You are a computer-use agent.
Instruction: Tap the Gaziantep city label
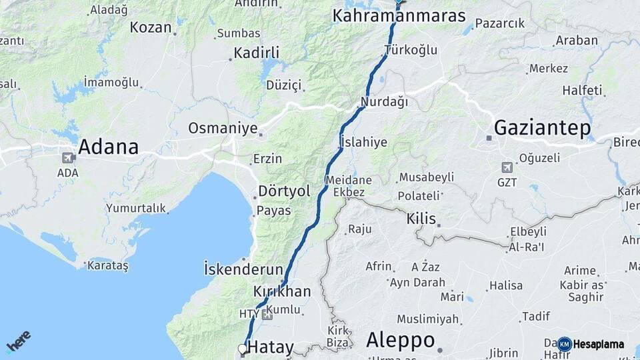(x=542, y=128)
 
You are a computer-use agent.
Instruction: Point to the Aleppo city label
(x=400, y=340)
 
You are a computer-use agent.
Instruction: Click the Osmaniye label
(x=223, y=128)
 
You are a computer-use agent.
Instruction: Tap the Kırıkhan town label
(x=282, y=291)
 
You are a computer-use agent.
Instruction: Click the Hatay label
(x=270, y=347)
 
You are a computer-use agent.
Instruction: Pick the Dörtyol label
(x=285, y=191)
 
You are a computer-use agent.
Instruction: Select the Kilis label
(x=421, y=219)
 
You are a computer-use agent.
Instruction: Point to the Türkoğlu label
(x=411, y=50)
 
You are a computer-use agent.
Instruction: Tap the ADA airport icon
(x=67, y=158)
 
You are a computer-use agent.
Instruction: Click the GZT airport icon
(x=507, y=167)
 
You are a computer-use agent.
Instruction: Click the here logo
(x=19, y=341)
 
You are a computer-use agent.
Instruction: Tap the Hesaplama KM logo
(x=591, y=344)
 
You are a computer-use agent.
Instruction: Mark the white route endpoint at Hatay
(x=242, y=348)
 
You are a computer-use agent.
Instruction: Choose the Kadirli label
(x=256, y=53)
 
